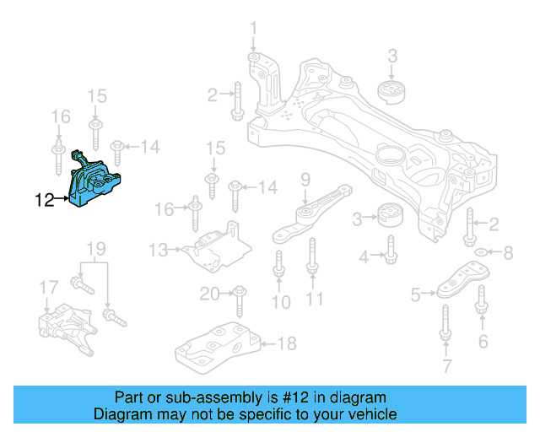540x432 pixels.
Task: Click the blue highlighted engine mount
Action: click(95, 181)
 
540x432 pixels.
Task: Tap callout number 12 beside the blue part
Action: click(45, 201)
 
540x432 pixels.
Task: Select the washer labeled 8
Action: click(481, 252)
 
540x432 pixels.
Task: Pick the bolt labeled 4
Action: click(391, 249)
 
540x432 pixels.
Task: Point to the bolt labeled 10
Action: click(278, 269)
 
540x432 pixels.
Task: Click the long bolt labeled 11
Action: click(311, 256)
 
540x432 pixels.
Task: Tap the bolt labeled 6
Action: click(482, 305)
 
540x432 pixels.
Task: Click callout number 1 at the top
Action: click(253, 33)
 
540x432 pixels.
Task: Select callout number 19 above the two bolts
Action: click(95, 249)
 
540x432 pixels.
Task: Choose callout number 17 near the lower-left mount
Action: click(48, 289)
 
